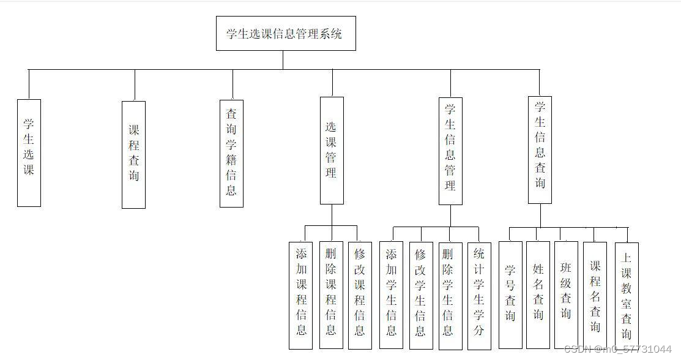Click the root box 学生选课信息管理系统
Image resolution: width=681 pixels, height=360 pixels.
click(x=286, y=34)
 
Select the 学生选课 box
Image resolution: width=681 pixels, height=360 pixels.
click(x=29, y=153)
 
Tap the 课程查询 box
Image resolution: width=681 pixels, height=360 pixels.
click(x=134, y=154)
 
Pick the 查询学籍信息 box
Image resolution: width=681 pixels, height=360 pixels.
click(x=231, y=153)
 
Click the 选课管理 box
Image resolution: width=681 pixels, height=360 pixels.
click(x=332, y=151)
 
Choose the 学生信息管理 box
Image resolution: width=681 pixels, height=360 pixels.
click(x=450, y=151)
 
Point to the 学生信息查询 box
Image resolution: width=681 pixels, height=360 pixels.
click(x=540, y=149)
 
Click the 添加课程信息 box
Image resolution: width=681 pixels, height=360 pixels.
click(x=301, y=295)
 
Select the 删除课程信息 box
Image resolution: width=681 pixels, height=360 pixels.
click(x=331, y=295)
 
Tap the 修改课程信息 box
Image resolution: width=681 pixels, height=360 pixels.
click(x=360, y=295)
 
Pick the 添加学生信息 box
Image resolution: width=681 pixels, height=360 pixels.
click(x=391, y=295)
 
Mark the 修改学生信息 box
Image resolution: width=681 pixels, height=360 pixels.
click(x=420, y=295)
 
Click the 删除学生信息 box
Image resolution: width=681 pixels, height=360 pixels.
click(x=450, y=295)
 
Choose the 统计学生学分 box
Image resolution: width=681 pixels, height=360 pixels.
click(x=479, y=295)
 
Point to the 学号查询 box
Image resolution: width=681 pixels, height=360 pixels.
click(x=510, y=295)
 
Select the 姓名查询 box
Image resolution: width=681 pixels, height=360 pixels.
click(x=538, y=295)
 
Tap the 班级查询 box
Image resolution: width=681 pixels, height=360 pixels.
click(x=566, y=295)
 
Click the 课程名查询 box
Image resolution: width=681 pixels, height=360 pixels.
click(x=595, y=295)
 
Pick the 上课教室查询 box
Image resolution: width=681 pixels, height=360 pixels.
click(x=627, y=295)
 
